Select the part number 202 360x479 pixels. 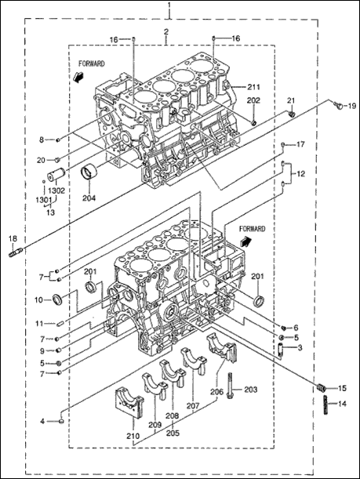[253, 101]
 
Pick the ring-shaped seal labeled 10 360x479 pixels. [57, 299]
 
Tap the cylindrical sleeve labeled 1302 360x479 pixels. [57, 172]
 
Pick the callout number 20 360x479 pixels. [41, 160]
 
